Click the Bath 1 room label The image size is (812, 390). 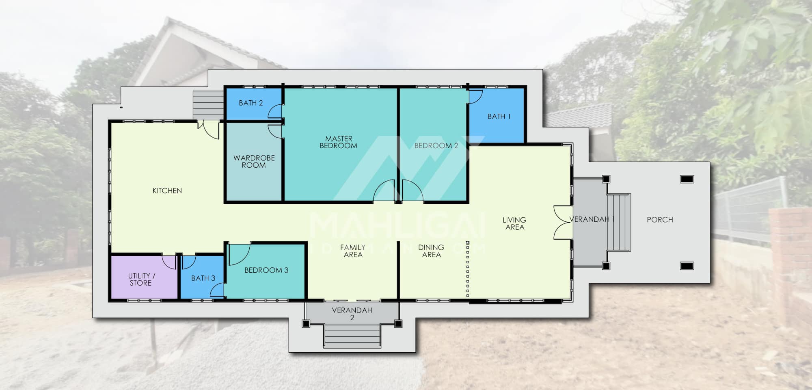point(499,117)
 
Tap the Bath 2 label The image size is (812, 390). point(251,103)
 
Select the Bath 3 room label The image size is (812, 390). point(203,278)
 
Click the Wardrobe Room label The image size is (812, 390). point(254,161)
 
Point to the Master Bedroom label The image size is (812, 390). point(339,142)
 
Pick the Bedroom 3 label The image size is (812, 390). point(266,270)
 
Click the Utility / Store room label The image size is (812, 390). point(141,279)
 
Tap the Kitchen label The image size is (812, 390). point(167,191)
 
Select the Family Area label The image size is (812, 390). point(353,251)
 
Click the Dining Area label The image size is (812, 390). point(431,251)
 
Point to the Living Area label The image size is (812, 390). point(514,223)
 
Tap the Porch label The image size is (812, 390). point(660,220)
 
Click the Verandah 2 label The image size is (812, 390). point(352,314)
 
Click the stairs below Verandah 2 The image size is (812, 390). point(352,336)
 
